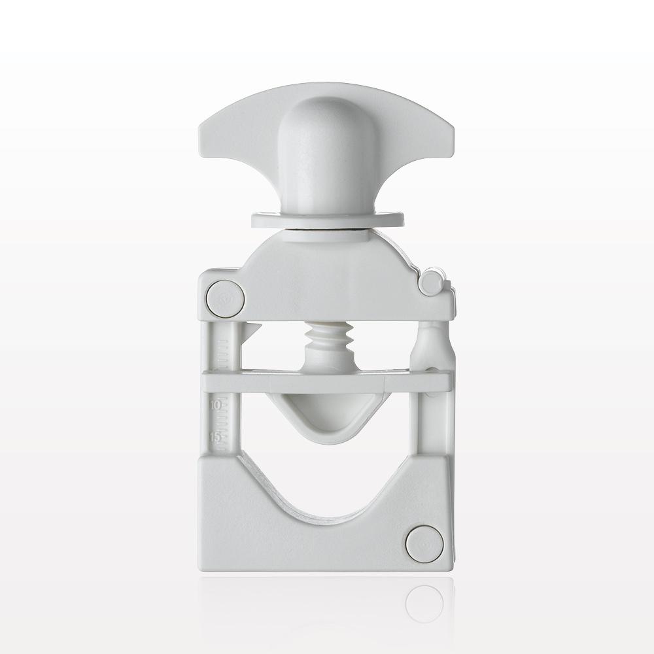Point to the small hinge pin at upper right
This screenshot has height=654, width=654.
click(430, 283)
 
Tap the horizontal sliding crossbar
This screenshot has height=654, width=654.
click(327, 382)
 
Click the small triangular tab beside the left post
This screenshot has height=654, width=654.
click(252, 330)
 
